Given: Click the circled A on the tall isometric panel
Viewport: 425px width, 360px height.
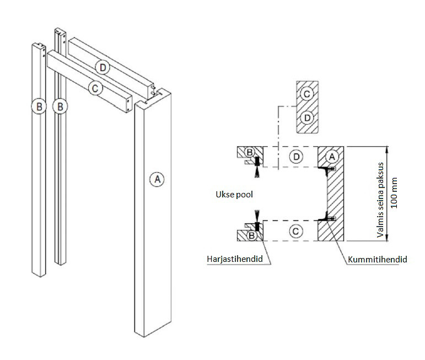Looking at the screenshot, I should (x=157, y=179).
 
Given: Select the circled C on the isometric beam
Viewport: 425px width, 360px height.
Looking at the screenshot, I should (x=95, y=88).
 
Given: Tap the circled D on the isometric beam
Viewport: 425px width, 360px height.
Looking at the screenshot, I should (x=102, y=67).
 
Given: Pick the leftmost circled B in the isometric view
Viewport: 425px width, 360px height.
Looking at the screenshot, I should (x=37, y=106).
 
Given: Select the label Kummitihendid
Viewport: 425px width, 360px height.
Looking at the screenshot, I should (x=378, y=259).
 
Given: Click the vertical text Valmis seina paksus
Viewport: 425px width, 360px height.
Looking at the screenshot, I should (x=381, y=193).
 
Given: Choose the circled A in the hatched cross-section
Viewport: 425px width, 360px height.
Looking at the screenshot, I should (x=331, y=156).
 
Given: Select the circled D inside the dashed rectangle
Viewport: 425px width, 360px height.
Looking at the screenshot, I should (x=297, y=157).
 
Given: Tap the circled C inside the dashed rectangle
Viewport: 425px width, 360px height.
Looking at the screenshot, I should (x=296, y=231).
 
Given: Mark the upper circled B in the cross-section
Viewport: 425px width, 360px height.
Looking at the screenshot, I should (x=249, y=152).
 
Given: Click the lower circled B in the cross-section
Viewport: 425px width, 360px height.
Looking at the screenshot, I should (x=251, y=235).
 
